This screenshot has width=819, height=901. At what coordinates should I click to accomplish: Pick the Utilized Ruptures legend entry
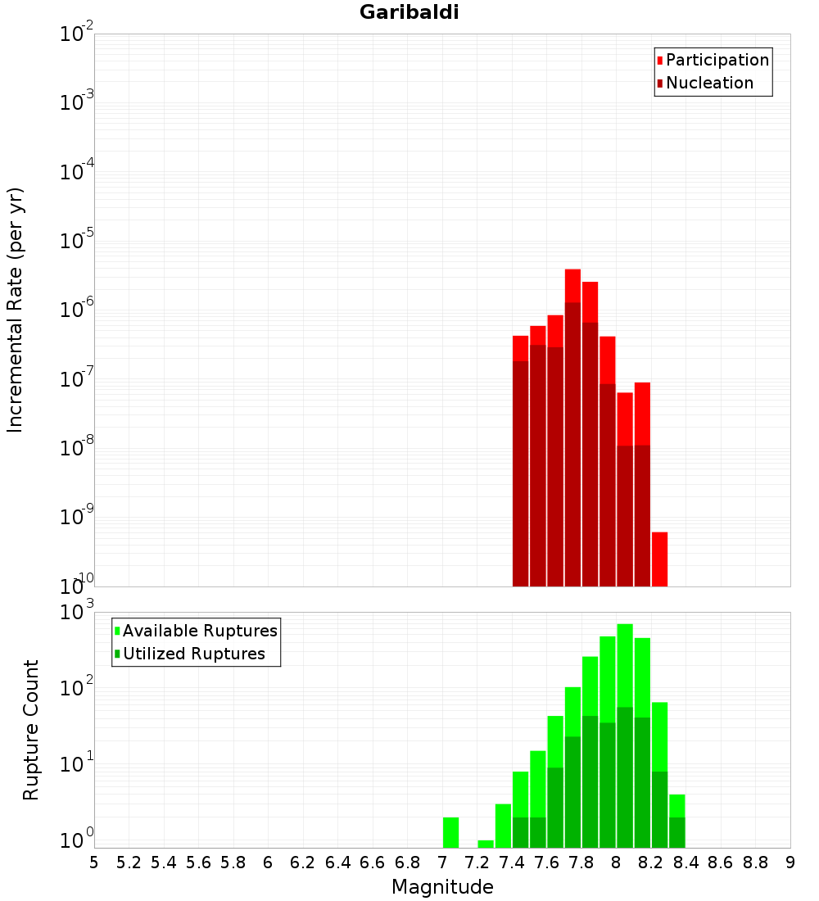(x=192, y=654)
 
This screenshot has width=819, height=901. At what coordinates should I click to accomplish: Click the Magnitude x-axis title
(x=442, y=887)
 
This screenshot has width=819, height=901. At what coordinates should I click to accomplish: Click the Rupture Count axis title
(x=30, y=730)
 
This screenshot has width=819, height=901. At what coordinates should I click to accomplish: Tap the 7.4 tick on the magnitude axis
(x=512, y=863)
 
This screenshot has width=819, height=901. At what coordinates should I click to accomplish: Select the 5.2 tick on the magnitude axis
(x=129, y=863)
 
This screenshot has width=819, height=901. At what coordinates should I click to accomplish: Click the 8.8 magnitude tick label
(x=755, y=863)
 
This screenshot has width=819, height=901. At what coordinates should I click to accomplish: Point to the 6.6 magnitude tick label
(x=373, y=863)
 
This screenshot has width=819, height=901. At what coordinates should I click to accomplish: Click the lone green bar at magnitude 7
(x=450, y=832)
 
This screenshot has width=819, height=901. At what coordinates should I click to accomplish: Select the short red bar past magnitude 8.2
(x=659, y=559)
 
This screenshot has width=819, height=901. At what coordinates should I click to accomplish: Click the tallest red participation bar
(x=572, y=285)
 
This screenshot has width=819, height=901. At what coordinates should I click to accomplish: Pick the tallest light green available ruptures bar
(x=625, y=655)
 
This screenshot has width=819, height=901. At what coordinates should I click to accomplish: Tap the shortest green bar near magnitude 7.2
(x=486, y=844)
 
